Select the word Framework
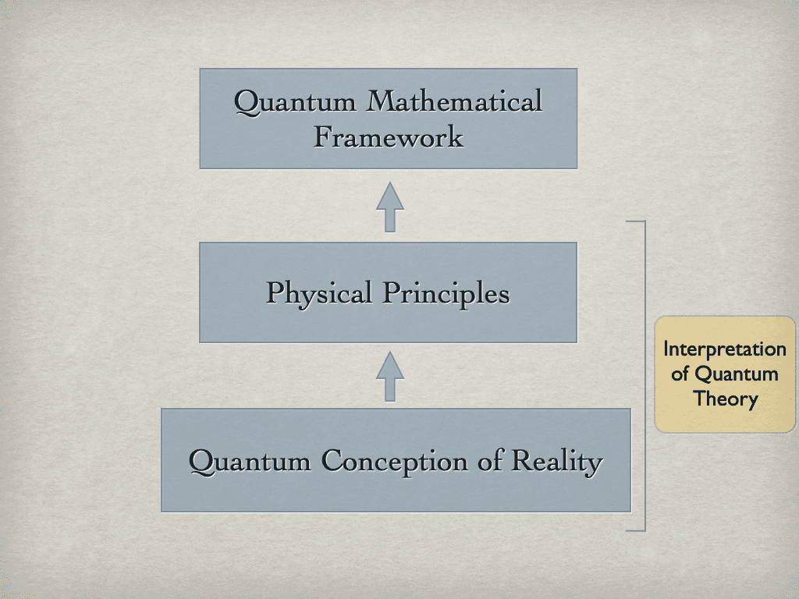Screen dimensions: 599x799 pyautogui.click(x=389, y=138)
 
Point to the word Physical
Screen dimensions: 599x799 pyautogui.click(x=318, y=294)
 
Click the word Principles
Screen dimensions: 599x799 pyautogui.click(x=446, y=294)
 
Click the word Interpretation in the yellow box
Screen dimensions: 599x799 pyautogui.click(x=724, y=349)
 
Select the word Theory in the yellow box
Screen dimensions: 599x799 pyautogui.click(x=726, y=399)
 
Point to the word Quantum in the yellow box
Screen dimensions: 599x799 pyautogui.click(x=736, y=374)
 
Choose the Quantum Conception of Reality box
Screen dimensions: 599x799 pyautogui.click(x=396, y=491)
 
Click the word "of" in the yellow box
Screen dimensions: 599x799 pyautogui.click(x=680, y=374)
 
